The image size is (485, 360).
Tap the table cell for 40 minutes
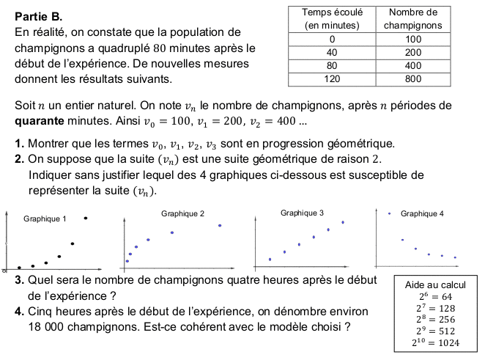[333, 53]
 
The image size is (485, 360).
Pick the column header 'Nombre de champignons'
[413, 18]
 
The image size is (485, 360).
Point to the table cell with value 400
[413, 66]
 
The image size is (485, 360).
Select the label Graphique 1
[45, 218]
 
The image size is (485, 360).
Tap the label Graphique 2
[182, 213]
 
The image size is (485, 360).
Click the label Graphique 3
[302, 213]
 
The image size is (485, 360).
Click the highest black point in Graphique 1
[86, 218]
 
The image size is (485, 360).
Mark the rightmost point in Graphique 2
[219, 225]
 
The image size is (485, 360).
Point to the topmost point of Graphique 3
[343, 222]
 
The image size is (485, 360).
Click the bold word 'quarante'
[40, 121]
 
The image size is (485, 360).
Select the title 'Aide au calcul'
[435, 284]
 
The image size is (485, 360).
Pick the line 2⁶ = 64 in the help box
[435, 296]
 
